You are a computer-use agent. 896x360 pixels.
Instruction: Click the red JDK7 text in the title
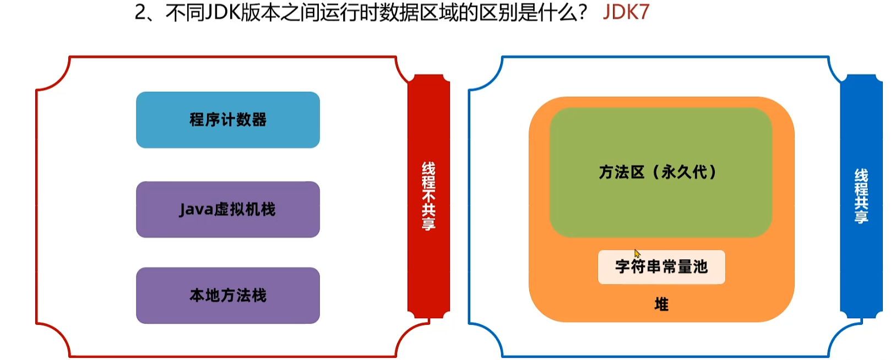[x=626, y=12]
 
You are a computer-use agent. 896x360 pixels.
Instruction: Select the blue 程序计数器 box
[x=227, y=119]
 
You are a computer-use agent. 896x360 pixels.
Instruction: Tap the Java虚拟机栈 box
[x=227, y=209]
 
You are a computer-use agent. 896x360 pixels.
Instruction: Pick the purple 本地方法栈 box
[x=227, y=296]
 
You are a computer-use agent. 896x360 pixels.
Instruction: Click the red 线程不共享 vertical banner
[x=428, y=195]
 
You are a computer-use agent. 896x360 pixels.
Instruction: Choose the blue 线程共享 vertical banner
[x=861, y=195]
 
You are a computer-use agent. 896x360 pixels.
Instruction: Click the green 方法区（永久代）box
[x=660, y=172]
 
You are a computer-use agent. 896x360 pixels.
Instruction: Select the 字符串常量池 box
[x=661, y=267]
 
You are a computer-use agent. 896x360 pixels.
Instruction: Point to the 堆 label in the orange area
[x=661, y=304]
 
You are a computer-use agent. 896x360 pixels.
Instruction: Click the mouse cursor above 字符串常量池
[x=637, y=253]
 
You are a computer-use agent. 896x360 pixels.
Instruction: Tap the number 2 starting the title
[x=140, y=13]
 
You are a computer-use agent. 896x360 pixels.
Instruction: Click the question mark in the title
[x=583, y=13]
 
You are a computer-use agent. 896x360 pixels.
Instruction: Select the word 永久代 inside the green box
[x=684, y=172]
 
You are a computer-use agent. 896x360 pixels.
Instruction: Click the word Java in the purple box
[x=196, y=210]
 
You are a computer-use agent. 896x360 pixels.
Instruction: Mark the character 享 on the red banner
[x=428, y=223]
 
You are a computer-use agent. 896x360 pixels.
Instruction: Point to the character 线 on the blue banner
[x=861, y=176]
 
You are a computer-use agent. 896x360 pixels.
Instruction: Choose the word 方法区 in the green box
[x=621, y=172]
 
